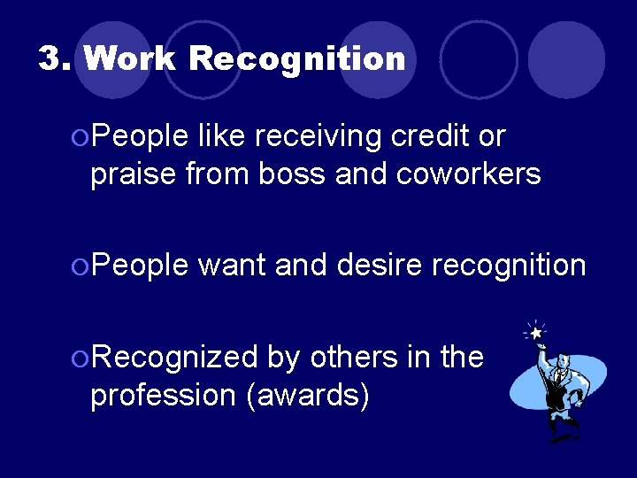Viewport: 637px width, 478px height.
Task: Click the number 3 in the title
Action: click(x=52, y=59)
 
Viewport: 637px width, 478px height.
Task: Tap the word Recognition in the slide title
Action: click(x=296, y=59)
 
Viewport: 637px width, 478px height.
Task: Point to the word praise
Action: click(x=134, y=175)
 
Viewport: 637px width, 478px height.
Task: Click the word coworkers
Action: click(x=469, y=175)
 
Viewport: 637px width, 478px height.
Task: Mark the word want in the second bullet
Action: click(x=233, y=265)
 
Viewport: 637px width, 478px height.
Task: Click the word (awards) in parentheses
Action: click(x=309, y=396)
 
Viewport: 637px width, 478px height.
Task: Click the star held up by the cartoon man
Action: click(x=535, y=333)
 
